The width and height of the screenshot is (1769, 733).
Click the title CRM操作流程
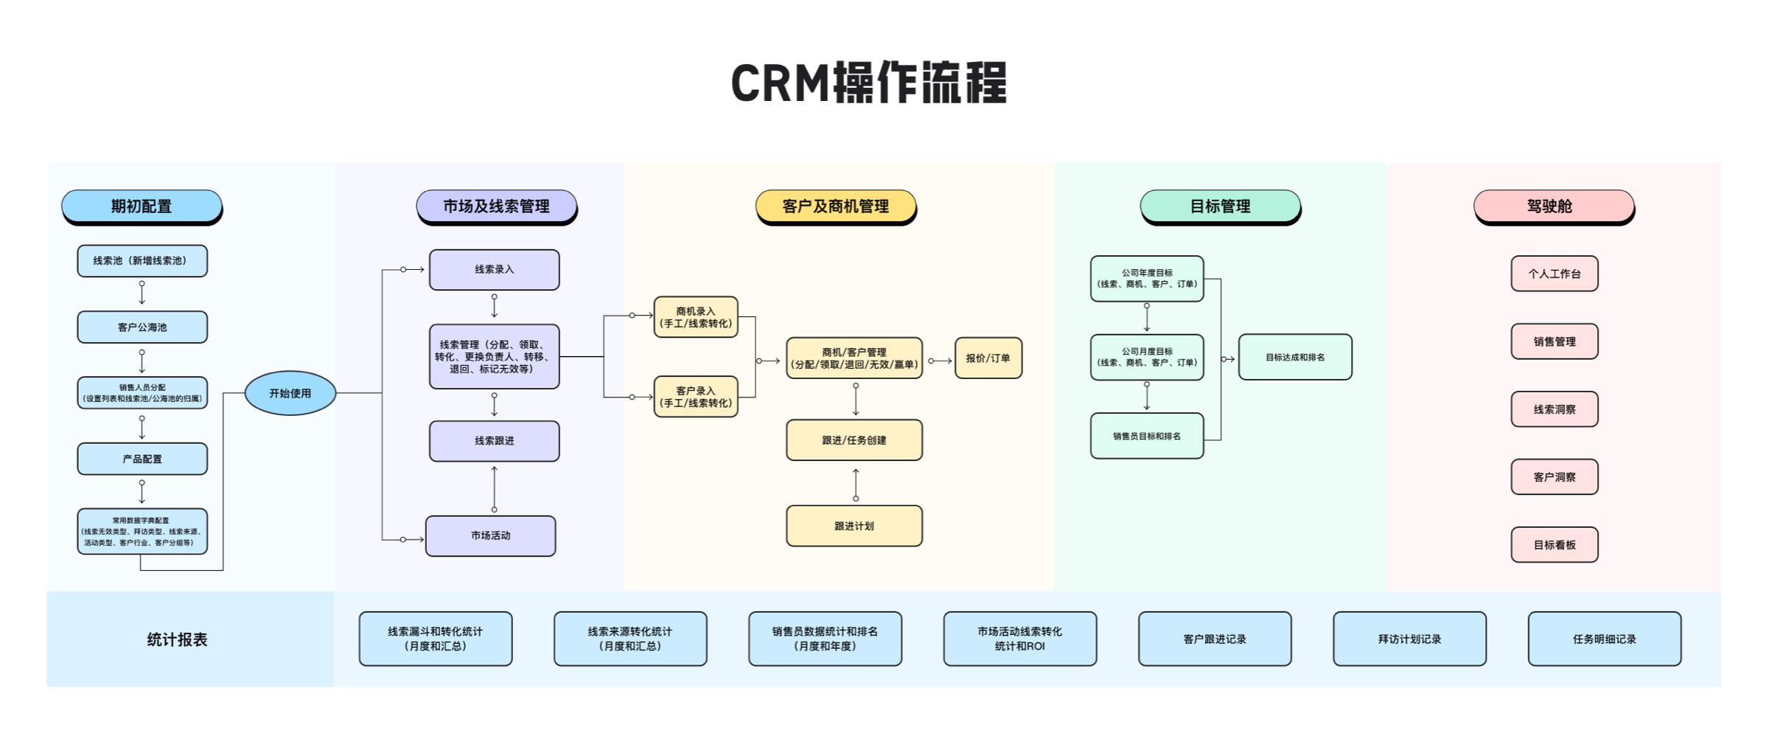868,83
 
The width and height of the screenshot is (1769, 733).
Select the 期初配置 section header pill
142,206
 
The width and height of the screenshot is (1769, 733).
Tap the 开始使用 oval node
290,393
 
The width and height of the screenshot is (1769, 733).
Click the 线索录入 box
494,270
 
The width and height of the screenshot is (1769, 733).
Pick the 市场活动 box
491,536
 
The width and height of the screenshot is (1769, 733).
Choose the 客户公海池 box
142,327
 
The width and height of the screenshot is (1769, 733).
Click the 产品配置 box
142,459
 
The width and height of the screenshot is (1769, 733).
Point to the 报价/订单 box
988,358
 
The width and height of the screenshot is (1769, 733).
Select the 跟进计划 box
854,526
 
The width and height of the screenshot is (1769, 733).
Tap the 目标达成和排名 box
1295,358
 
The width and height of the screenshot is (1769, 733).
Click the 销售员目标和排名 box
1147,436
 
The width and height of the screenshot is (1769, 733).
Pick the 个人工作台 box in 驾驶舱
1555,274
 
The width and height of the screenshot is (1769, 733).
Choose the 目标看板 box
1555,545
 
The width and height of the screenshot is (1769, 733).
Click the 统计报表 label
177,639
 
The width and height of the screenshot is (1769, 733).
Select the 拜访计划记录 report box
1409,639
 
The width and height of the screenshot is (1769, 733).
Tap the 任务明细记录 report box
1605,639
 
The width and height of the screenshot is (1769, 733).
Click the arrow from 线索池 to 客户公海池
142,293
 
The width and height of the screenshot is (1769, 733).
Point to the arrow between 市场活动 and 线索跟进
494,488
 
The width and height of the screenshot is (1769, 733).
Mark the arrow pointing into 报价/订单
940,361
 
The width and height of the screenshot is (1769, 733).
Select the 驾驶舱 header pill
1554,206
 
